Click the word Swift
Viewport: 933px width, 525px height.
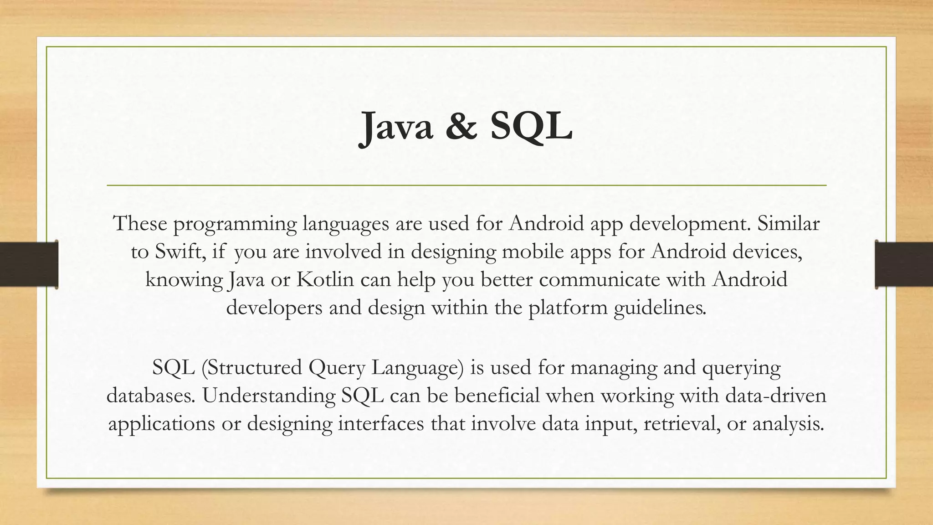pyautogui.click(x=179, y=252)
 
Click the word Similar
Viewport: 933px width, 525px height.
pyautogui.click(x=788, y=223)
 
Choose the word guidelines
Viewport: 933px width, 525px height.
pyautogui.click(x=660, y=308)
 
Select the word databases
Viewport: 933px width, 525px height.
pyautogui.click(x=150, y=395)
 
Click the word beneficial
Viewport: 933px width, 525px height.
pyautogui.click(x=497, y=395)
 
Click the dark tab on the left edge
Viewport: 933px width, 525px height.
pyautogui.click(x=29, y=264)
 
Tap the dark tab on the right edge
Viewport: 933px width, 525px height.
pyautogui.click(x=904, y=264)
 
